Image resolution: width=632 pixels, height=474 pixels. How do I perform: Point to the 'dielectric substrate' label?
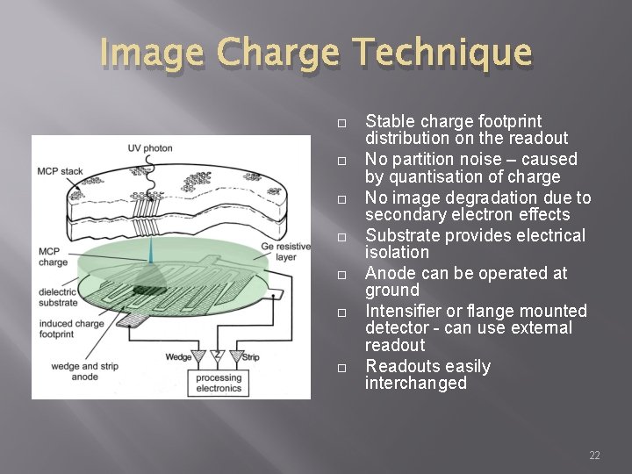(57, 297)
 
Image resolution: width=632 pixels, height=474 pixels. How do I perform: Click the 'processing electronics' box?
(219, 382)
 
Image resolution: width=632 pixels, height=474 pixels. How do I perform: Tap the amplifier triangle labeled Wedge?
(198, 358)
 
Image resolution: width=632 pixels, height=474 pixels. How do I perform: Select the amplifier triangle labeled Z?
(218, 358)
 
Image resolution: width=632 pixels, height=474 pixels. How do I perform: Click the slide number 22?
(594, 455)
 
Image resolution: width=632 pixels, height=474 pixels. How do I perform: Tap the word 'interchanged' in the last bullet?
(416, 384)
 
